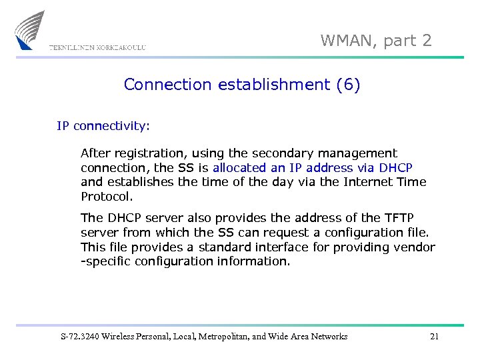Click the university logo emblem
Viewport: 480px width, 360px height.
click(x=30, y=29)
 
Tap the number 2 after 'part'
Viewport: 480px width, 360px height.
click(x=426, y=41)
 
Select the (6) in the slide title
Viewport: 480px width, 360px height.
click(x=348, y=85)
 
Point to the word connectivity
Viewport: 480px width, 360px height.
click(x=111, y=125)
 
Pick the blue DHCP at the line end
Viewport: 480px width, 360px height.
click(x=395, y=167)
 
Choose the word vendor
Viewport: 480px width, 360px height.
click(x=414, y=247)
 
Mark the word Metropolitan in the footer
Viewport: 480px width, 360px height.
click(x=237, y=337)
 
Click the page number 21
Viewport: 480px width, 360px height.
click(x=434, y=337)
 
